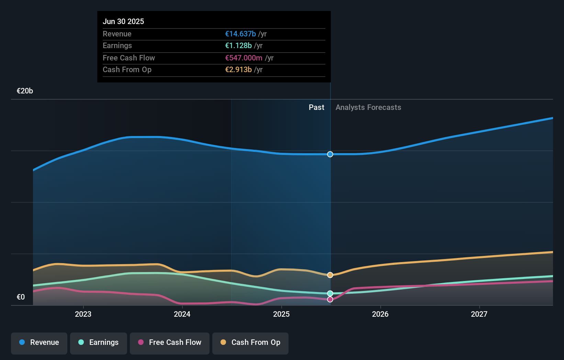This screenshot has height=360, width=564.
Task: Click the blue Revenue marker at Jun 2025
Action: click(330, 154)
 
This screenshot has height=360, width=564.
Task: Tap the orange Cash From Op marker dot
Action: click(330, 275)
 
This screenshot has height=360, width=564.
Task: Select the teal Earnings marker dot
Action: click(330, 293)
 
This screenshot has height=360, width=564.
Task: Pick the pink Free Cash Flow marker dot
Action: click(330, 300)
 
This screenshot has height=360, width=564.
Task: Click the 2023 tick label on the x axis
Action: click(83, 314)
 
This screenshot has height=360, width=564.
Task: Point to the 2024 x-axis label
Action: click(182, 314)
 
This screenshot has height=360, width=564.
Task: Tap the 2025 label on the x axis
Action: click(281, 314)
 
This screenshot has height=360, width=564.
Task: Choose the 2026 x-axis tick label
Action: click(380, 314)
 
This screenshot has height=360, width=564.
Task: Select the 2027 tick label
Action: click(479, 314)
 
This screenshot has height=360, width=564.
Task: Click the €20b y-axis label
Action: click(25, 91)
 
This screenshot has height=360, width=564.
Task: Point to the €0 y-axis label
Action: click(21, 297)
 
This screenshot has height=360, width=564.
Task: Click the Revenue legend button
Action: click(39, 343)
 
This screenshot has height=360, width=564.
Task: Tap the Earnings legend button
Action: click(99, 343)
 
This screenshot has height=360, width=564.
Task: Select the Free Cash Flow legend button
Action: click(170, 343)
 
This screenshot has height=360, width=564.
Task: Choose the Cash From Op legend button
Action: click(250, 343)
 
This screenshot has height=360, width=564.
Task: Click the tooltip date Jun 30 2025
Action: click(123, 21)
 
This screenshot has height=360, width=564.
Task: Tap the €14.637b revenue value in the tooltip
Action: click(240, 34)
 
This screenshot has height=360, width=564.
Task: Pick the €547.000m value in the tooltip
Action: click(244, 58)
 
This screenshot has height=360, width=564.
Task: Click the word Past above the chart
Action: click(316, 108)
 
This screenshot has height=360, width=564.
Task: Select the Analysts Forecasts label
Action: click(368, 108)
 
